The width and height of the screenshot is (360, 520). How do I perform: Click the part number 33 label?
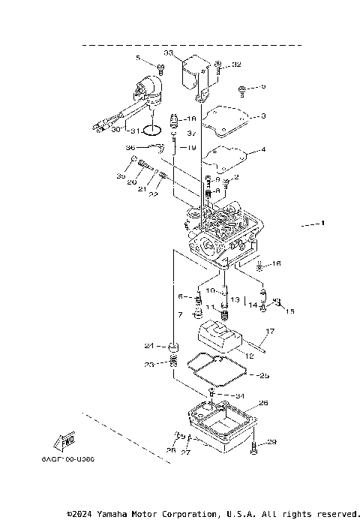169,53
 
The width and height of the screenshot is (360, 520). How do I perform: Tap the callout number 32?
236,65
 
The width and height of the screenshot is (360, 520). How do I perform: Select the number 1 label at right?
322,224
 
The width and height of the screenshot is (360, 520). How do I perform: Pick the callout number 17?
270,331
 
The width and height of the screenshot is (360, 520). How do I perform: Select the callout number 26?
262,403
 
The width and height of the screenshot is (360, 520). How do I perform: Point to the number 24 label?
149,346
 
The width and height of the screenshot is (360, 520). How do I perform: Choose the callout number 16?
276,264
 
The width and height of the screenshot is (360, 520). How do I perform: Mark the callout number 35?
121,176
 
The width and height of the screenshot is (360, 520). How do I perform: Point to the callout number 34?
239,395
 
